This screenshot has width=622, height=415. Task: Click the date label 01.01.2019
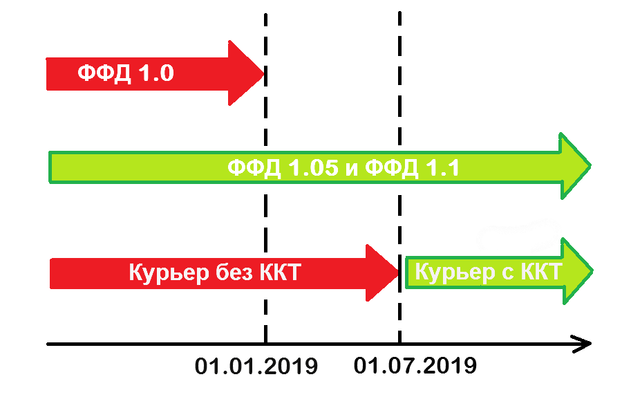point(256,366)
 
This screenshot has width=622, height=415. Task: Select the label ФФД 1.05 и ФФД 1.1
point(343,167)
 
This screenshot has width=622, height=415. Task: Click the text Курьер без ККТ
point(214,273)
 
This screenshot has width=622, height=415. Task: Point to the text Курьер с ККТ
point(487,272)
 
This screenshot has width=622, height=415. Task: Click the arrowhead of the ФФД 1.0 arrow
point(245,73)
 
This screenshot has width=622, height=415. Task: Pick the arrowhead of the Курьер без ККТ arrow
point(382,273)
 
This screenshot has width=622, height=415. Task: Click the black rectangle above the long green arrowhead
point(533,137)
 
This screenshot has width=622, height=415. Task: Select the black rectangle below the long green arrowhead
point(533,199)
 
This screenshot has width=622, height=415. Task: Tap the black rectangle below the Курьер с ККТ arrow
point(514,299)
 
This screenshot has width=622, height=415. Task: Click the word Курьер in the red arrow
point(164,273)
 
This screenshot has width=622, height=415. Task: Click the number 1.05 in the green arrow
point(308,167)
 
